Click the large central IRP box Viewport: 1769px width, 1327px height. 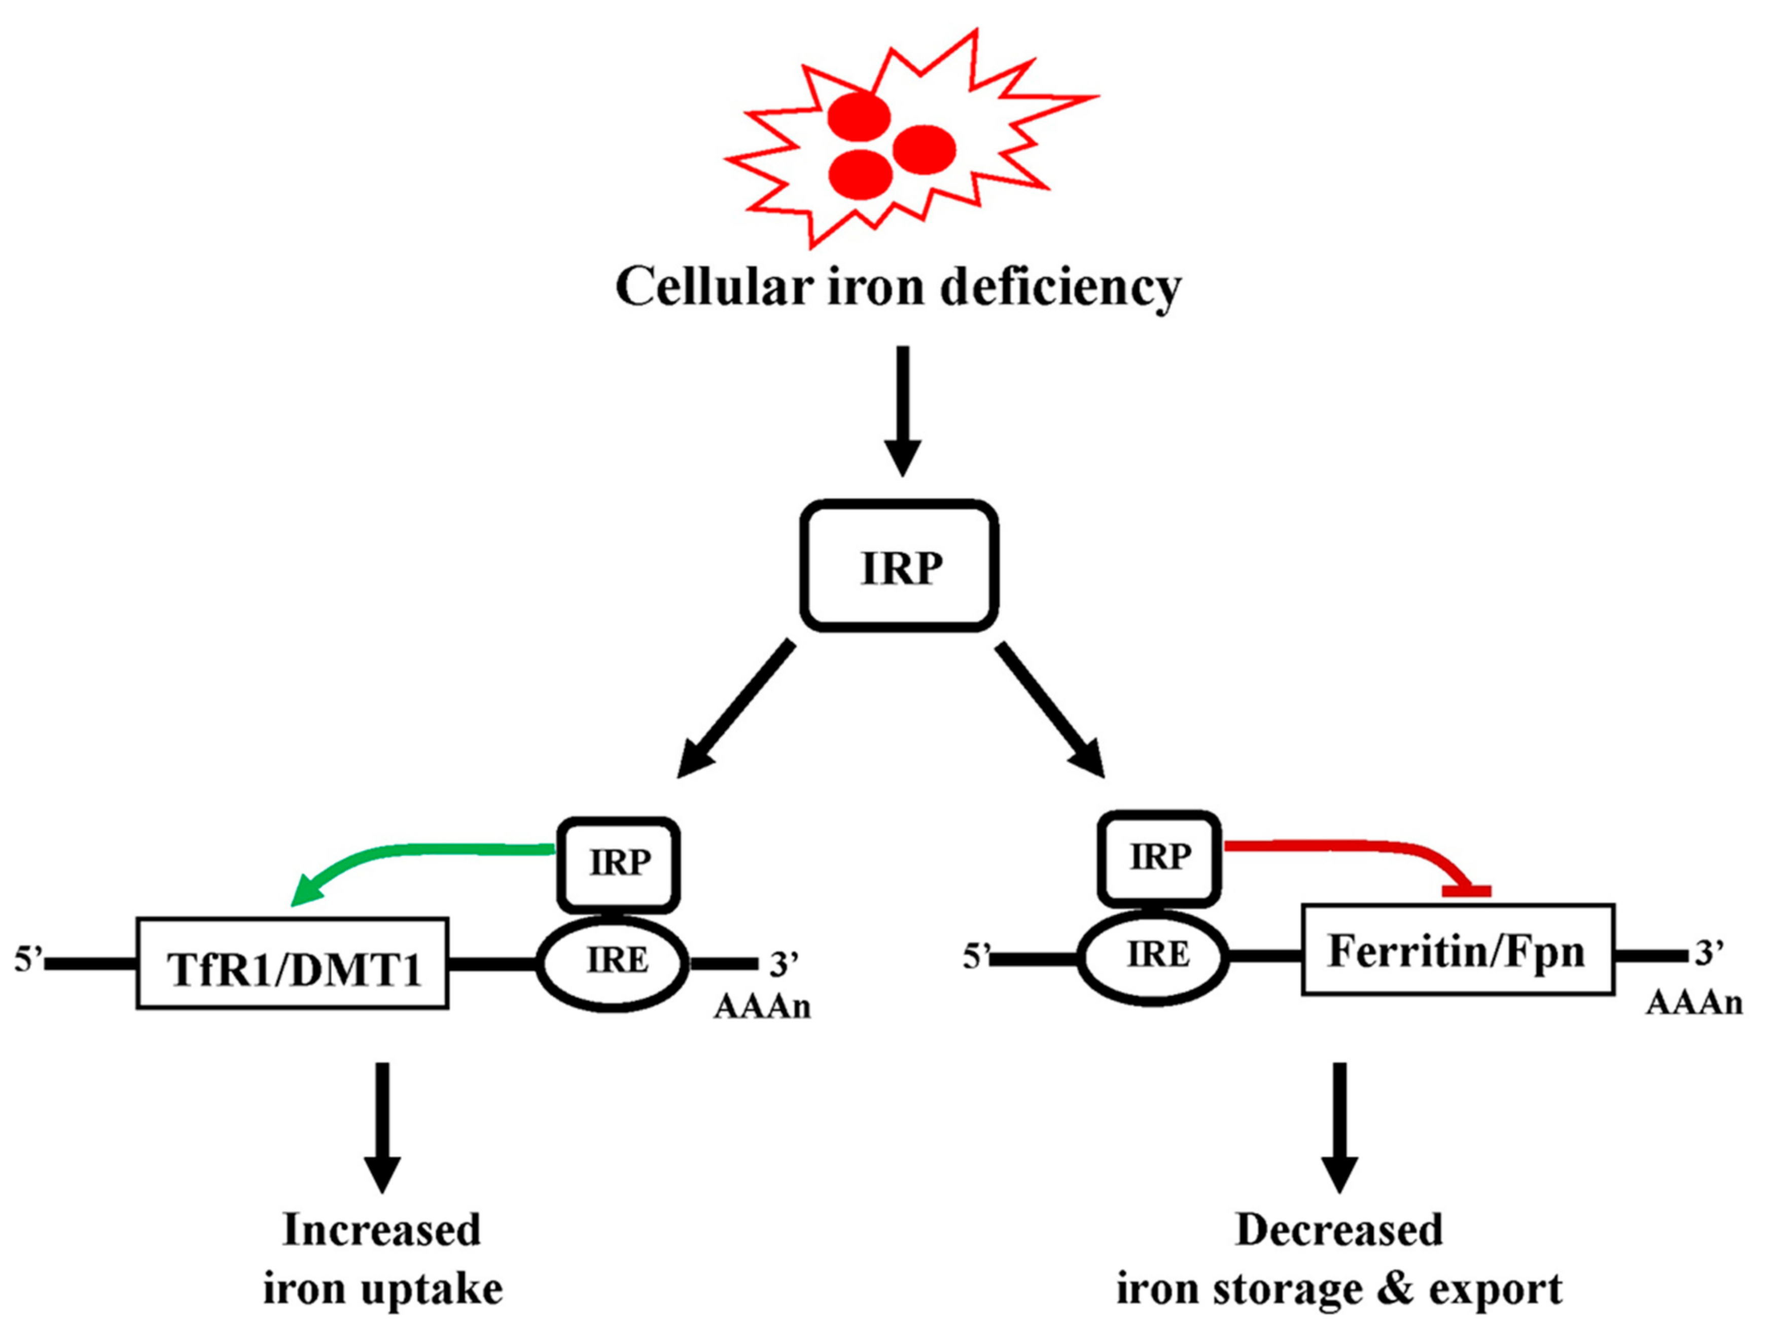(x=899, y=566)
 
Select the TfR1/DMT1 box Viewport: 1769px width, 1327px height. (x=293, y=963)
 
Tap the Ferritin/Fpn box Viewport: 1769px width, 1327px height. (x=1457, y=950)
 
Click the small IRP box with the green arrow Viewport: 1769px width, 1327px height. (x=619, y=864)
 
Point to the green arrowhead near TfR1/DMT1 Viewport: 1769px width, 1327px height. (x=304, y=891)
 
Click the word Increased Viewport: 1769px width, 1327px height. (x=382, y=1230)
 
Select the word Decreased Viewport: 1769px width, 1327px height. (x=1339, y=1230)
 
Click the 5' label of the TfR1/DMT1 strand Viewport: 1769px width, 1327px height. (x=27, y=960)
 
